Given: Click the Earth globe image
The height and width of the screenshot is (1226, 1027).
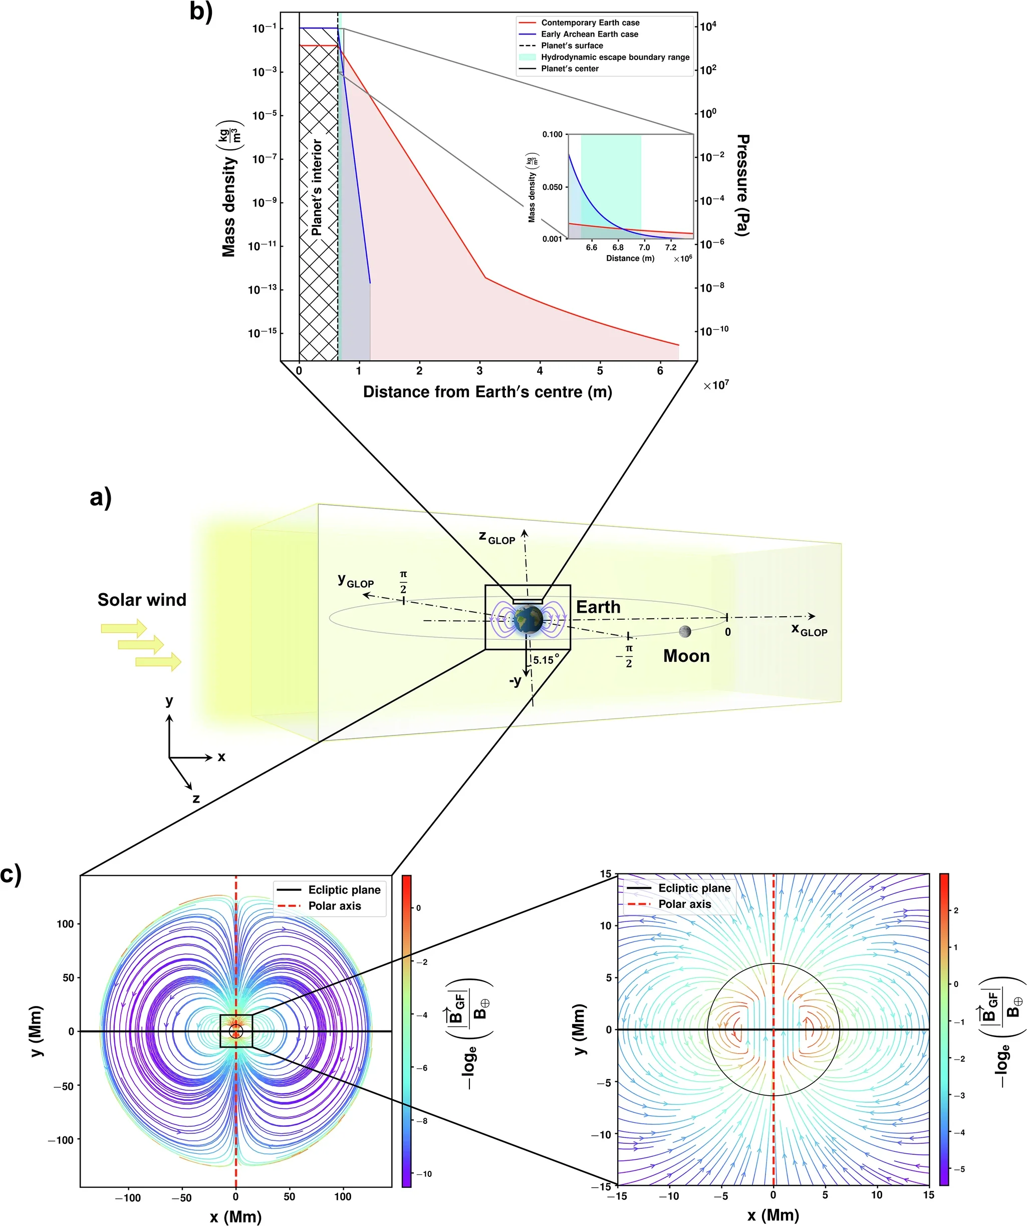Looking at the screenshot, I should point(529,620).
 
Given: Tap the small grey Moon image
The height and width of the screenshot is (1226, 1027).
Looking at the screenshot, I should point(685,631).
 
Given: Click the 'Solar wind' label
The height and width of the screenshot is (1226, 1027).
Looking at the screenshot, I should point(142,600).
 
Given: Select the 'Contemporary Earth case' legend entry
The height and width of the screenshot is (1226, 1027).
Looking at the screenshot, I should point(590,23).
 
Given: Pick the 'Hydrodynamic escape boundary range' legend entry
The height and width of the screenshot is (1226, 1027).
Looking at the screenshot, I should point(615,57).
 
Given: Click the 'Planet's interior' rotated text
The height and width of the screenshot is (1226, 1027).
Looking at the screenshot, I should point(317,187).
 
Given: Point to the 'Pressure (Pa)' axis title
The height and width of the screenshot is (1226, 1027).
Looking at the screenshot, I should point(742,184).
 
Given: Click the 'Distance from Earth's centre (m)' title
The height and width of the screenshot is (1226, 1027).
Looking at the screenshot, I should point(487,392).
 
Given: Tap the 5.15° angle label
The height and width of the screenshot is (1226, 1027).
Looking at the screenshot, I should point(546,660).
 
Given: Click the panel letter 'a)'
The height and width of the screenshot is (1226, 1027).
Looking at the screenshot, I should point(100,498).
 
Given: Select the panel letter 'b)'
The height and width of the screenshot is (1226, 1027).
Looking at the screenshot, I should point(201,12).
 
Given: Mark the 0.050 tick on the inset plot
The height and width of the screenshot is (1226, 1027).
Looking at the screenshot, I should point(553,187).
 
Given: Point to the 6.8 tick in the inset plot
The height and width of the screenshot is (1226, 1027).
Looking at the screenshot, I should point(618,248).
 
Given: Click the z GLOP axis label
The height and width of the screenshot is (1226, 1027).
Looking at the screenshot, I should point(497,537).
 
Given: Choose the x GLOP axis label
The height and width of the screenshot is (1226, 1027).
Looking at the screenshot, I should point(809,630).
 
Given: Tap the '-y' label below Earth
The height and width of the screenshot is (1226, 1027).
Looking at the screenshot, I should point(515,681).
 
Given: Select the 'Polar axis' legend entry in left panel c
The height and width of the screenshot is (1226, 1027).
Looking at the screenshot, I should point(335,905).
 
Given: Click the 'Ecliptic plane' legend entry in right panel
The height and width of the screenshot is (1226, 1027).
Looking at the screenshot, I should point(694,888).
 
